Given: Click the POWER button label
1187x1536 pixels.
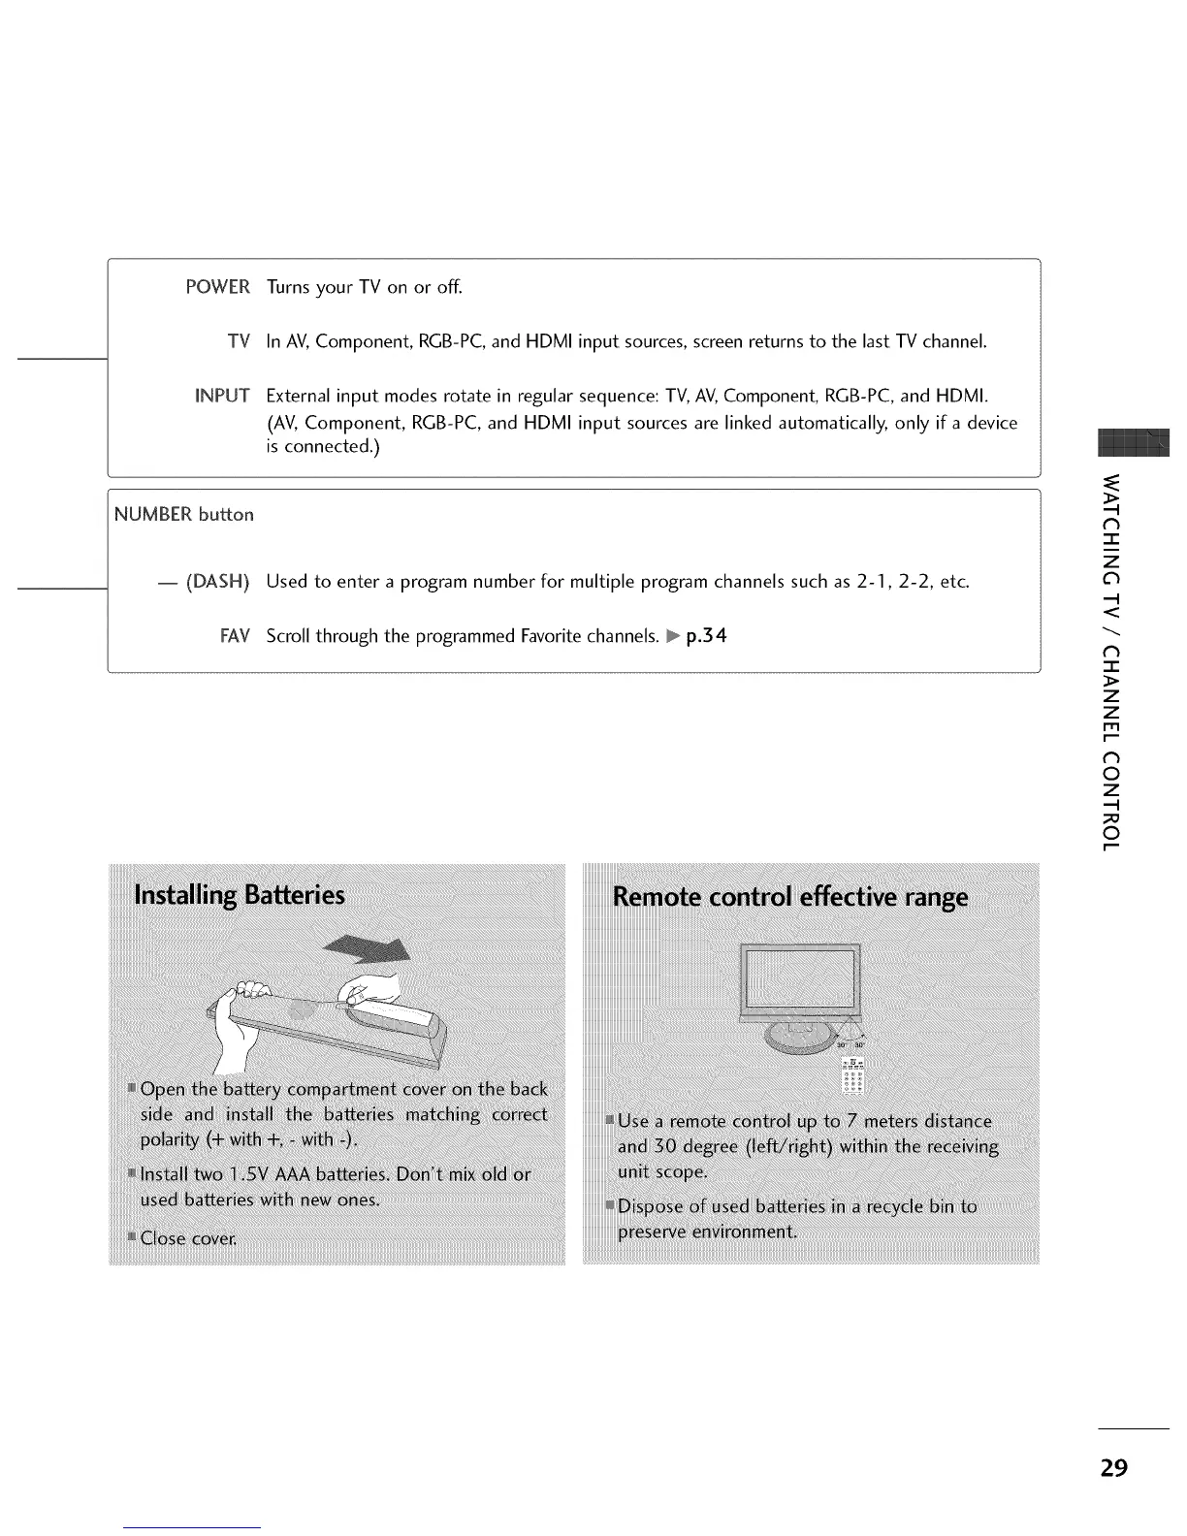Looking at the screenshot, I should (217, 287).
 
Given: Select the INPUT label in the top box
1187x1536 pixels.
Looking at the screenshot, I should (222, 396).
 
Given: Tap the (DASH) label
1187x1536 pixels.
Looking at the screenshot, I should (217, 582).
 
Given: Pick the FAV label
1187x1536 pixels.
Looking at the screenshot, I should (235, 636).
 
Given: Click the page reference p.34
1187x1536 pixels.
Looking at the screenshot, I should (706, 636).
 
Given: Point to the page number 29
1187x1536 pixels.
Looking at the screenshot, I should (1114, 1467).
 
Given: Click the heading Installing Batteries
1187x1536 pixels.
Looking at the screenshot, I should (240, 894).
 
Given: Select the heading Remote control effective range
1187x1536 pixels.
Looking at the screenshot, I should (790, 897).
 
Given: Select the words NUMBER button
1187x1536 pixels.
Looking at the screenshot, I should (184, 515).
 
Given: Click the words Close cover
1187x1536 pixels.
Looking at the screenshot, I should (188, 1238).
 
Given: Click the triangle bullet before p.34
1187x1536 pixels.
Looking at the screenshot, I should (674, 637).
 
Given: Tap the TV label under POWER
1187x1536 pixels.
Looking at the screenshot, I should (239, 341).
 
